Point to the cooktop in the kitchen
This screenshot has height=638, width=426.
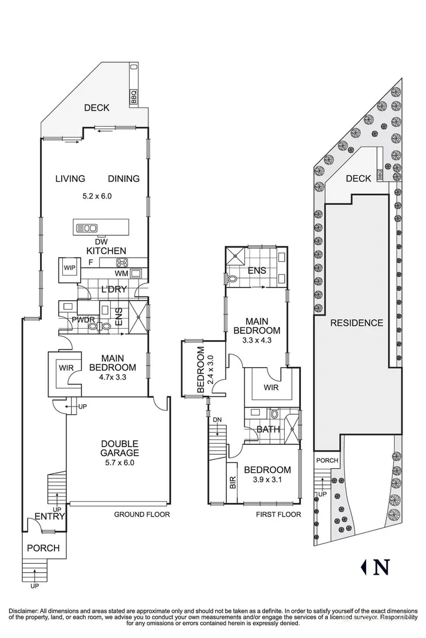122,262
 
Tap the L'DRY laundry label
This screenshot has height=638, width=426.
113,290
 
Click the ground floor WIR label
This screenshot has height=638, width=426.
66,368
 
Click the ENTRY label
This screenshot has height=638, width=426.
49,517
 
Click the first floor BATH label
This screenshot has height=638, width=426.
266,429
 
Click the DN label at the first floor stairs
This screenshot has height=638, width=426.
218,420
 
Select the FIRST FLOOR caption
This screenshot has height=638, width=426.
278,514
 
